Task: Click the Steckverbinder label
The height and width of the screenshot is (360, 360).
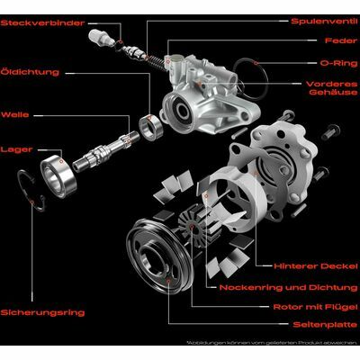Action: (x=42, y=23)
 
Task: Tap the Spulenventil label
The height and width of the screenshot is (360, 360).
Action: (x=324, y=21)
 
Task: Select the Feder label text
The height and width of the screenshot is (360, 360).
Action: (x=341, y=40)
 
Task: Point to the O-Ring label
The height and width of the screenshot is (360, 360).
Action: (x=338, y=63)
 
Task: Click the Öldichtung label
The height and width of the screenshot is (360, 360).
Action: (x=30, y=72)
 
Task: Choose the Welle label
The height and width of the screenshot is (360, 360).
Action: (x=15, y=114)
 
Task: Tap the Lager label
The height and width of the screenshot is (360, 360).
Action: (x=16, y=149)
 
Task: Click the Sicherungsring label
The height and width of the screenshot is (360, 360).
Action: (x=42, y=312)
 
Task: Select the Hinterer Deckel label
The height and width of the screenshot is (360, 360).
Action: (x=316, y=266)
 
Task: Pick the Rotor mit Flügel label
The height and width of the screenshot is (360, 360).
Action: (x=316, y=307)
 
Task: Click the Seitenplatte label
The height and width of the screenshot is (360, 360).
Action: (x=326, y=325)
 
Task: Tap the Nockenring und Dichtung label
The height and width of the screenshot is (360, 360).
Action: (x=289, y=287)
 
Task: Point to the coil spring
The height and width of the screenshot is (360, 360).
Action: (x=157, y=62)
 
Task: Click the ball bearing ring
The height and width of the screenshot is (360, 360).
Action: (x=58, y=176)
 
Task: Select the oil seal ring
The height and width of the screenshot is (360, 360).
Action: (x=151, y=127)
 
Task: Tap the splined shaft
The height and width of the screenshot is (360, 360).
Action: (x=106, y=151)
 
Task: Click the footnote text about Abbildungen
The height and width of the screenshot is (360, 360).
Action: (x=272, y=342)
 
